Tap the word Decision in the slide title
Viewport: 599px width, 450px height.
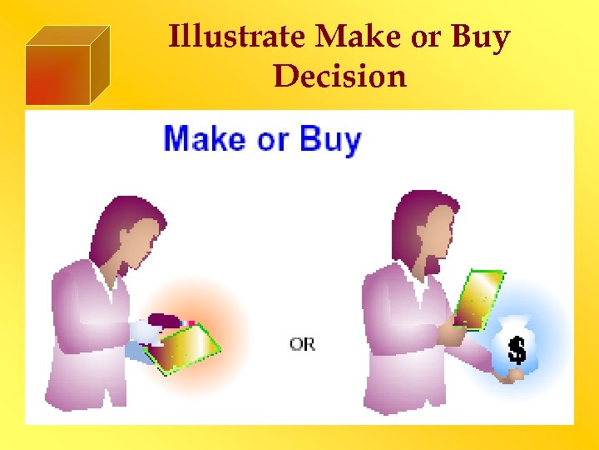point(339,76)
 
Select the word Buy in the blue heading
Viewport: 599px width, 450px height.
point(330,139)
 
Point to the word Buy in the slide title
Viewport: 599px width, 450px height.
point(479,37)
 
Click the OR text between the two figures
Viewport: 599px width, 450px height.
point(302,343)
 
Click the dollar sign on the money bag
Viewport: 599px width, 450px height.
point(517,350)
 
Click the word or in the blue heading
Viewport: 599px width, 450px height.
point(272,139)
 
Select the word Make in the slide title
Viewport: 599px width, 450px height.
point(354,37)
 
